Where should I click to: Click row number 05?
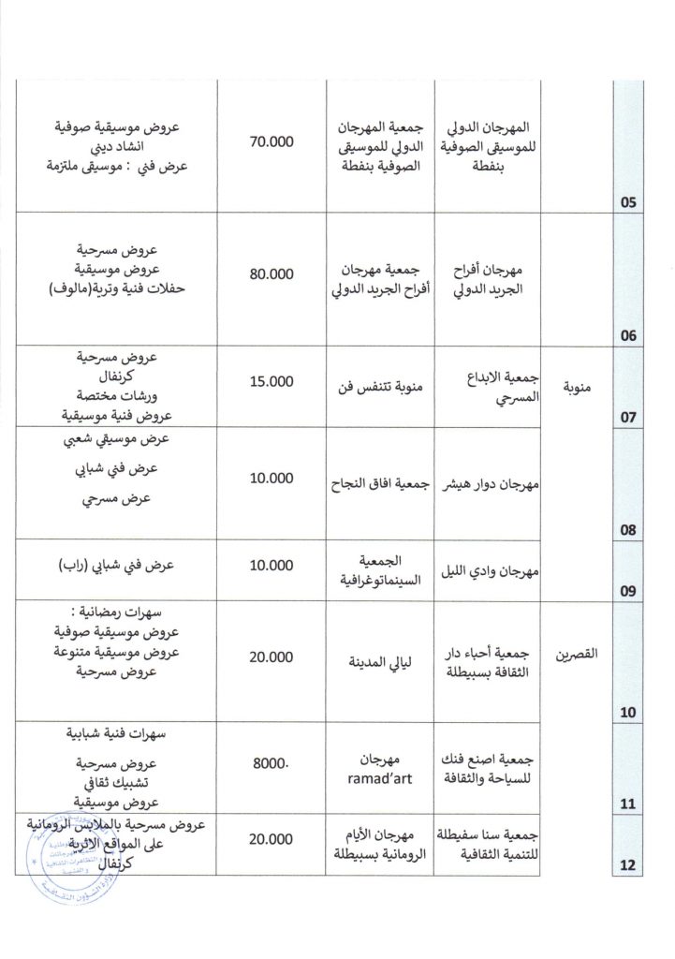click(x=627, y=200)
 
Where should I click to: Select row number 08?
click(x=627, y=530)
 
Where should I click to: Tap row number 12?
click(x=627, y=864)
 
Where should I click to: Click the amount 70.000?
click(x=271, y=142)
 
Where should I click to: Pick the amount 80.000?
click(x=271, y=274)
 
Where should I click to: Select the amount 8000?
click(x=271, y=763)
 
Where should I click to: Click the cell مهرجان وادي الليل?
click(x=489, y=569)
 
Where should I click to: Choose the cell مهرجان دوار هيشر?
click(x=489, y=484)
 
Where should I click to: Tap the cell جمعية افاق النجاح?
click(x=380, y=484)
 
